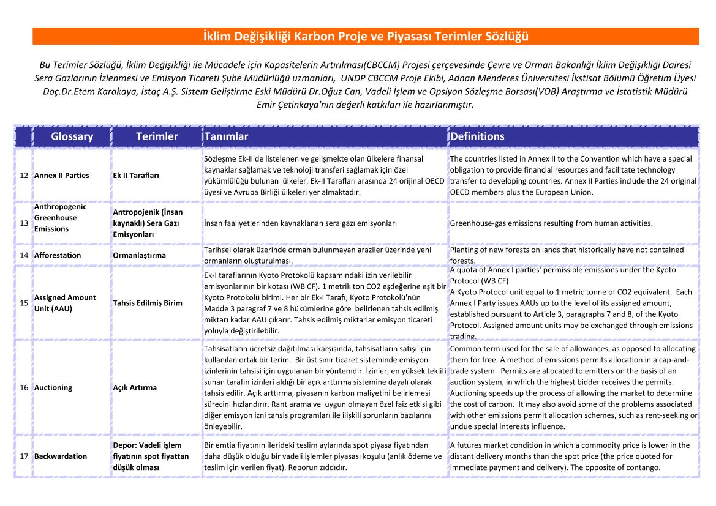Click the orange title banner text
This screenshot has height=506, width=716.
coord(366,37)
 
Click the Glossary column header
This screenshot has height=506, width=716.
coord(72,136)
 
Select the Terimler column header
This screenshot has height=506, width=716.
coord(157,136)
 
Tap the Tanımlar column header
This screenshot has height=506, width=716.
coord(227,136)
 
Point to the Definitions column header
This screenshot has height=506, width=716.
coord(477,136)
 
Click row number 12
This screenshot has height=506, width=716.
coord(24,176)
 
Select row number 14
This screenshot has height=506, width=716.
coord(24,255)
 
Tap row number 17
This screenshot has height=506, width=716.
coord(24,456)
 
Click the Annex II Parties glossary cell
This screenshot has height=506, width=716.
coord(62,176)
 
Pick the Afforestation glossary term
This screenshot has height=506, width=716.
coord(58,255)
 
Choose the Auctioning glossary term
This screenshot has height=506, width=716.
coord(53,388)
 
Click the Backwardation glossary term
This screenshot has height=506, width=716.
coord(61,456)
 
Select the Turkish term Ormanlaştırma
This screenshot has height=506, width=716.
coord(139,255)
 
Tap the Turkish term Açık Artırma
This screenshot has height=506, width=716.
coord(135,388)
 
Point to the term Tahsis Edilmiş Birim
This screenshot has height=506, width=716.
coord(148,303)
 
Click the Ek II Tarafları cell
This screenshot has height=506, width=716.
coord(136,176)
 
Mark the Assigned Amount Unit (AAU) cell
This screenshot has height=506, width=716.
coord(65,303)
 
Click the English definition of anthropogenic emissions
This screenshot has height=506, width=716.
coord(551,223)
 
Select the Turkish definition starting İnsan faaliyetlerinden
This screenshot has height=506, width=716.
coord(300,223)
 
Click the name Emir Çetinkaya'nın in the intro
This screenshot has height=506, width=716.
coord(290,104)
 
